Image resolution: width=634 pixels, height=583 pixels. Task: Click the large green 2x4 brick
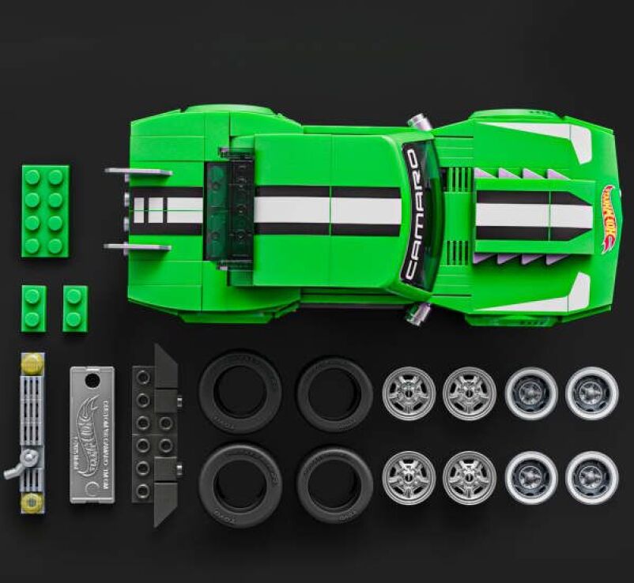[x=45, y=211]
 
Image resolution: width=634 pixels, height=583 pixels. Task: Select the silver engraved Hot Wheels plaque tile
[x=92, y=434]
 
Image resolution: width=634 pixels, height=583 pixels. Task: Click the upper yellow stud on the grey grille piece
[x=32, y=363]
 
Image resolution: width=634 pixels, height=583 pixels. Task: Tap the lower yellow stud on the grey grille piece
[x=32, y=501]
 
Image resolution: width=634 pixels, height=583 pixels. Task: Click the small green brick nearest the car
[x=75, y=308]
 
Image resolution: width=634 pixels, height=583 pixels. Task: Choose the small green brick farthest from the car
[x=33, y=308]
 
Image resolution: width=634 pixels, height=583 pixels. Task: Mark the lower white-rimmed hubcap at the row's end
[x=592, y=478]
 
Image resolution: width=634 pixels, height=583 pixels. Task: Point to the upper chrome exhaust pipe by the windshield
[x=416, y=122]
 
